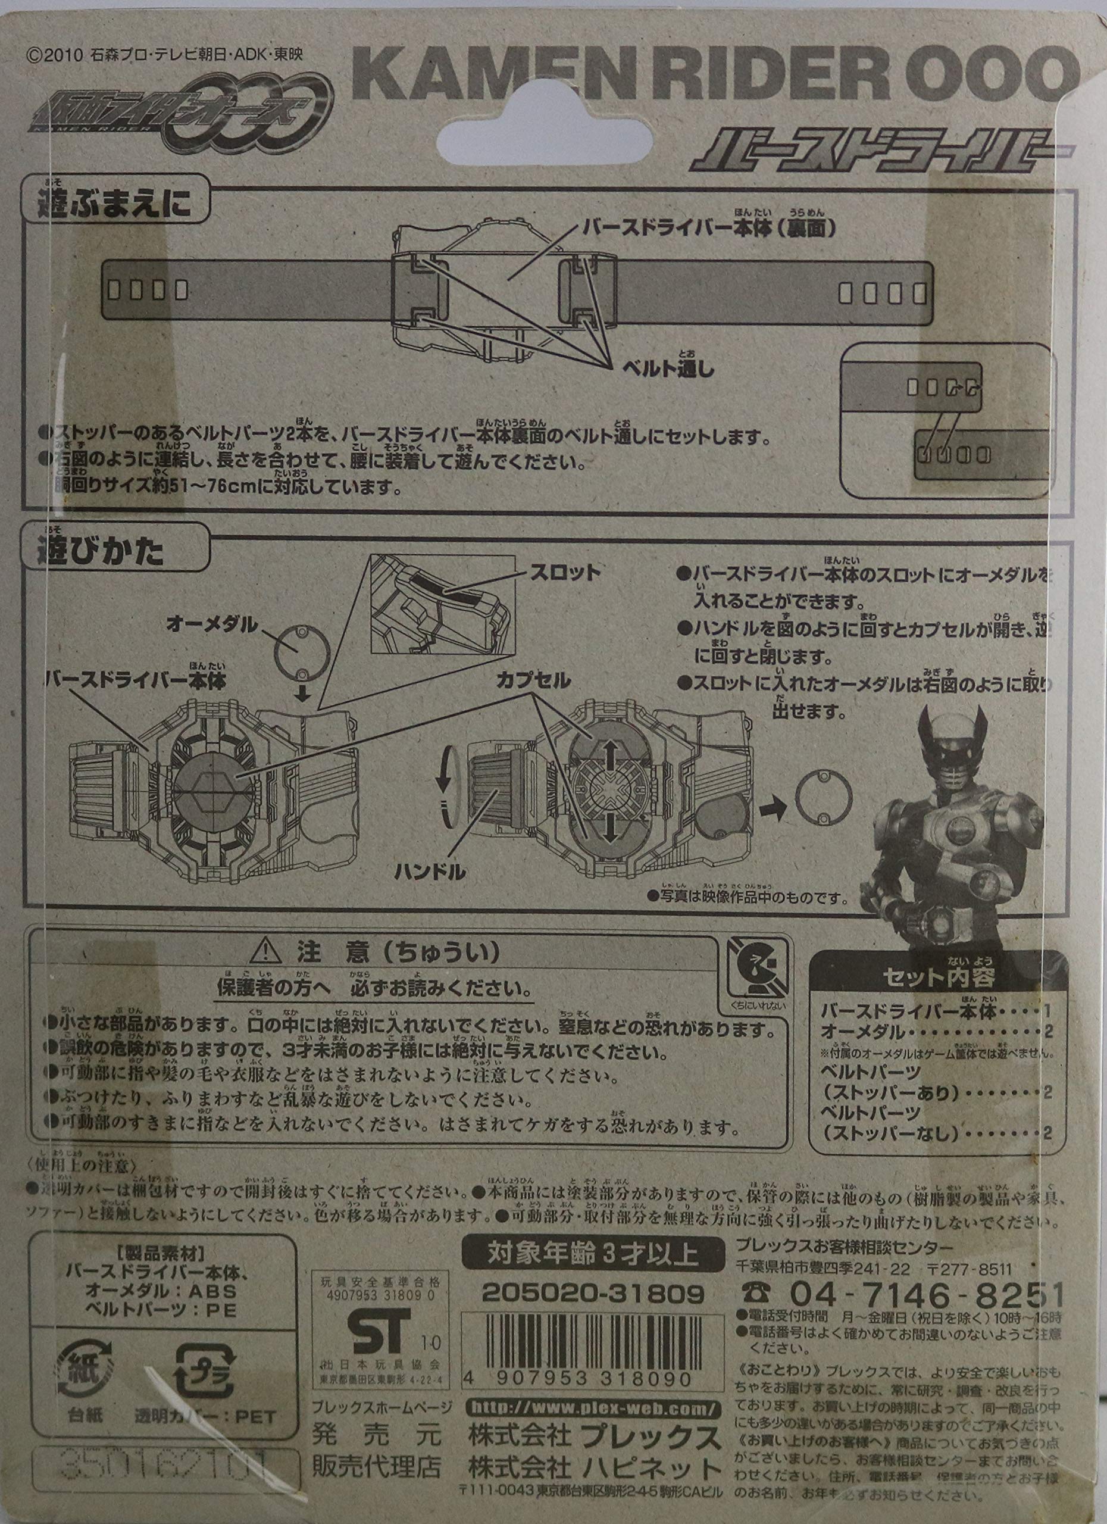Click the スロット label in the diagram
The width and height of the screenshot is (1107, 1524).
coord(565,572)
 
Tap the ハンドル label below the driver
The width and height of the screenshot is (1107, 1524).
coord(430,873)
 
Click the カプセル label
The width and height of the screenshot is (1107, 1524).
coord(533,680)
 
